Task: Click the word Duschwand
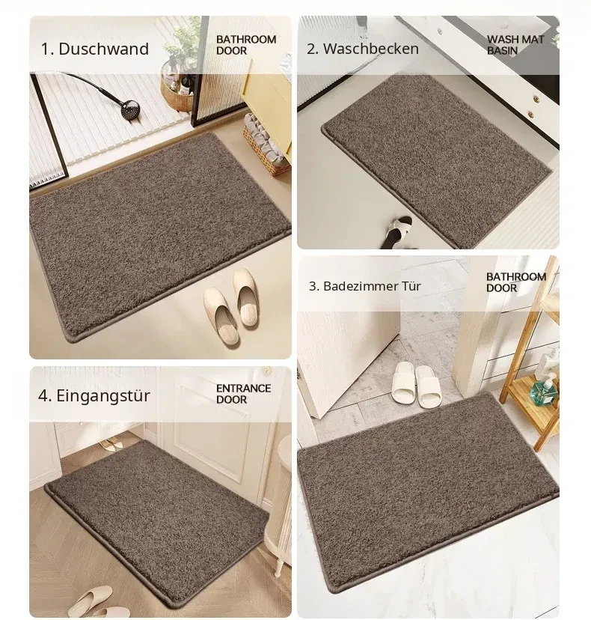pos(103,49)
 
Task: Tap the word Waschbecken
pos(371,49)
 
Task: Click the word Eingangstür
pos(103,395)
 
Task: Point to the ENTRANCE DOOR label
pos(243,394)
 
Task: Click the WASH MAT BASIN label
pos(515,45)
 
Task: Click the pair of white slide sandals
pos(415,384)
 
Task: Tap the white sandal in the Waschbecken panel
pos(396,231)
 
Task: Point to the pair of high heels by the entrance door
pos(110,446)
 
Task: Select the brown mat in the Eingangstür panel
pos(158,522)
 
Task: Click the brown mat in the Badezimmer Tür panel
pos(429,490)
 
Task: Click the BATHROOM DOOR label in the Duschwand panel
pos(245,45)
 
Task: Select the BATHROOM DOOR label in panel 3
pos(516,282)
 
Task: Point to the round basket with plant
pos(177,95)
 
